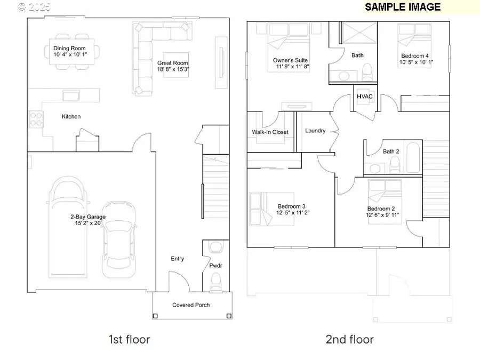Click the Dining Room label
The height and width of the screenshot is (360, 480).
tap(69, 49)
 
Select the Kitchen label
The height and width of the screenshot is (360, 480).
tap(71, 117)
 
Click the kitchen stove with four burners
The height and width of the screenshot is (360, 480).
tap(36, 118)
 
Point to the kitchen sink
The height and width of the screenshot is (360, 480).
tap(71, 95)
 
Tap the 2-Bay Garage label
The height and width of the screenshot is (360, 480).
tap(87, 217)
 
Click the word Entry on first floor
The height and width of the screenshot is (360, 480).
tap(177, 259)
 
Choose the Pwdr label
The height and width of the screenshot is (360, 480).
tap(215, 265)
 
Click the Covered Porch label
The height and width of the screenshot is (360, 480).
tap(191, 305)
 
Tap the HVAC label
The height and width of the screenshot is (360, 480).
tap(364, 97)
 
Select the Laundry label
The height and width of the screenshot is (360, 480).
tap(315, 131)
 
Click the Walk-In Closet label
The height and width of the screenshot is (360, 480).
tap(270, 132)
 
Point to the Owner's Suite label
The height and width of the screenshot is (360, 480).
tap(291, 60)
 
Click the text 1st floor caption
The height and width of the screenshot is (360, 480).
tap(129, 339)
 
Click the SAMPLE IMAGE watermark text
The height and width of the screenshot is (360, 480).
tap(403, 7)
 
